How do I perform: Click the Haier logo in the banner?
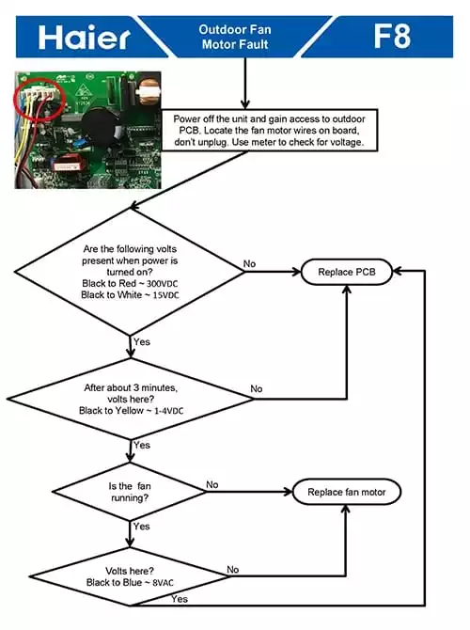[84, 38]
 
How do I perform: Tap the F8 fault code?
[392, 36]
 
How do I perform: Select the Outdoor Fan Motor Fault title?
[235, 37]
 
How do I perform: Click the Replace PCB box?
[346, 272]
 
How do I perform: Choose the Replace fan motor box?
[346, 492]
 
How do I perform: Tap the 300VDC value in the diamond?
[162, 284]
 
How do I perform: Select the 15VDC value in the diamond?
[165, 295]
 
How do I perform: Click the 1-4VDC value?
[168, 411]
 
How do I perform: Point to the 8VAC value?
[164, 583]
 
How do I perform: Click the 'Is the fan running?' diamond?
[130, 492]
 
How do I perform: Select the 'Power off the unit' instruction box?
[269, 131]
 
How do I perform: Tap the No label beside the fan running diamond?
[212, 485]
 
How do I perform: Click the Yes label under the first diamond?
[142, 342]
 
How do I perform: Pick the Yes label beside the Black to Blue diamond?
[180, 599]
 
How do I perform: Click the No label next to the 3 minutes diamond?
[257, 389]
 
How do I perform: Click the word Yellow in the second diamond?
[130, 411]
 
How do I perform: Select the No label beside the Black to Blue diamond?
[232, 570]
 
